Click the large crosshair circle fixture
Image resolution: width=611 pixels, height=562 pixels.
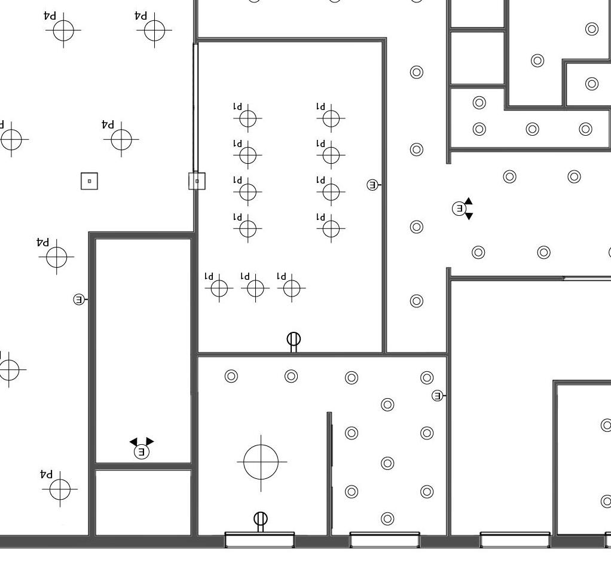pos(261,462)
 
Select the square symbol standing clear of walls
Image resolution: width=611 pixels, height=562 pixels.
pos(89,181)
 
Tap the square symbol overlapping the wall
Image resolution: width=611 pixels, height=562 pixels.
pos(197,181)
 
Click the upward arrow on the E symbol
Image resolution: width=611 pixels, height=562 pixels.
pos(469,201)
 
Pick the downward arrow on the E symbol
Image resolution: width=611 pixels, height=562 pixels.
pos(469,216)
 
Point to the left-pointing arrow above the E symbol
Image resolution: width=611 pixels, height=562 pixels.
pos(133,442)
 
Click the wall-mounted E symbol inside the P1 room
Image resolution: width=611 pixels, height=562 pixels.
pos(372,185)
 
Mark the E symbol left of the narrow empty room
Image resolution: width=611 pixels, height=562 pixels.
pos(79,299)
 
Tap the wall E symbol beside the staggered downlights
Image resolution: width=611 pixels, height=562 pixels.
pos(438,396)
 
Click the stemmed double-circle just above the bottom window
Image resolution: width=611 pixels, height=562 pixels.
pos(261,520)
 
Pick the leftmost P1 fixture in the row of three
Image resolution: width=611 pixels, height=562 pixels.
pos(219,288)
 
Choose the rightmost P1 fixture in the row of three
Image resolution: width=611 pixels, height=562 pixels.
pos(292,288)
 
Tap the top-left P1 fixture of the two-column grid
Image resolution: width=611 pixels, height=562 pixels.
pos(248,119)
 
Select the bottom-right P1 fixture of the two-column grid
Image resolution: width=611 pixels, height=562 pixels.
pos(331,228)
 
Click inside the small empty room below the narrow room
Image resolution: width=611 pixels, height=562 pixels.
pos(143,502)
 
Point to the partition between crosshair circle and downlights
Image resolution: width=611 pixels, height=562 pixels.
pos(329,472)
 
